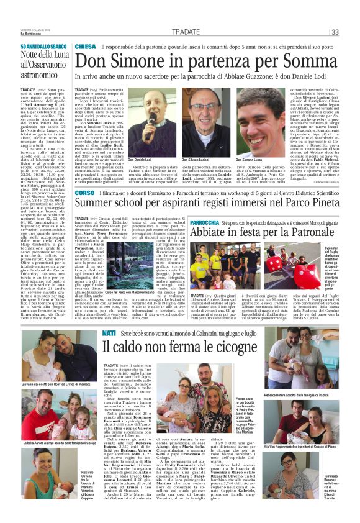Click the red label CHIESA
pos(86,47)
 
